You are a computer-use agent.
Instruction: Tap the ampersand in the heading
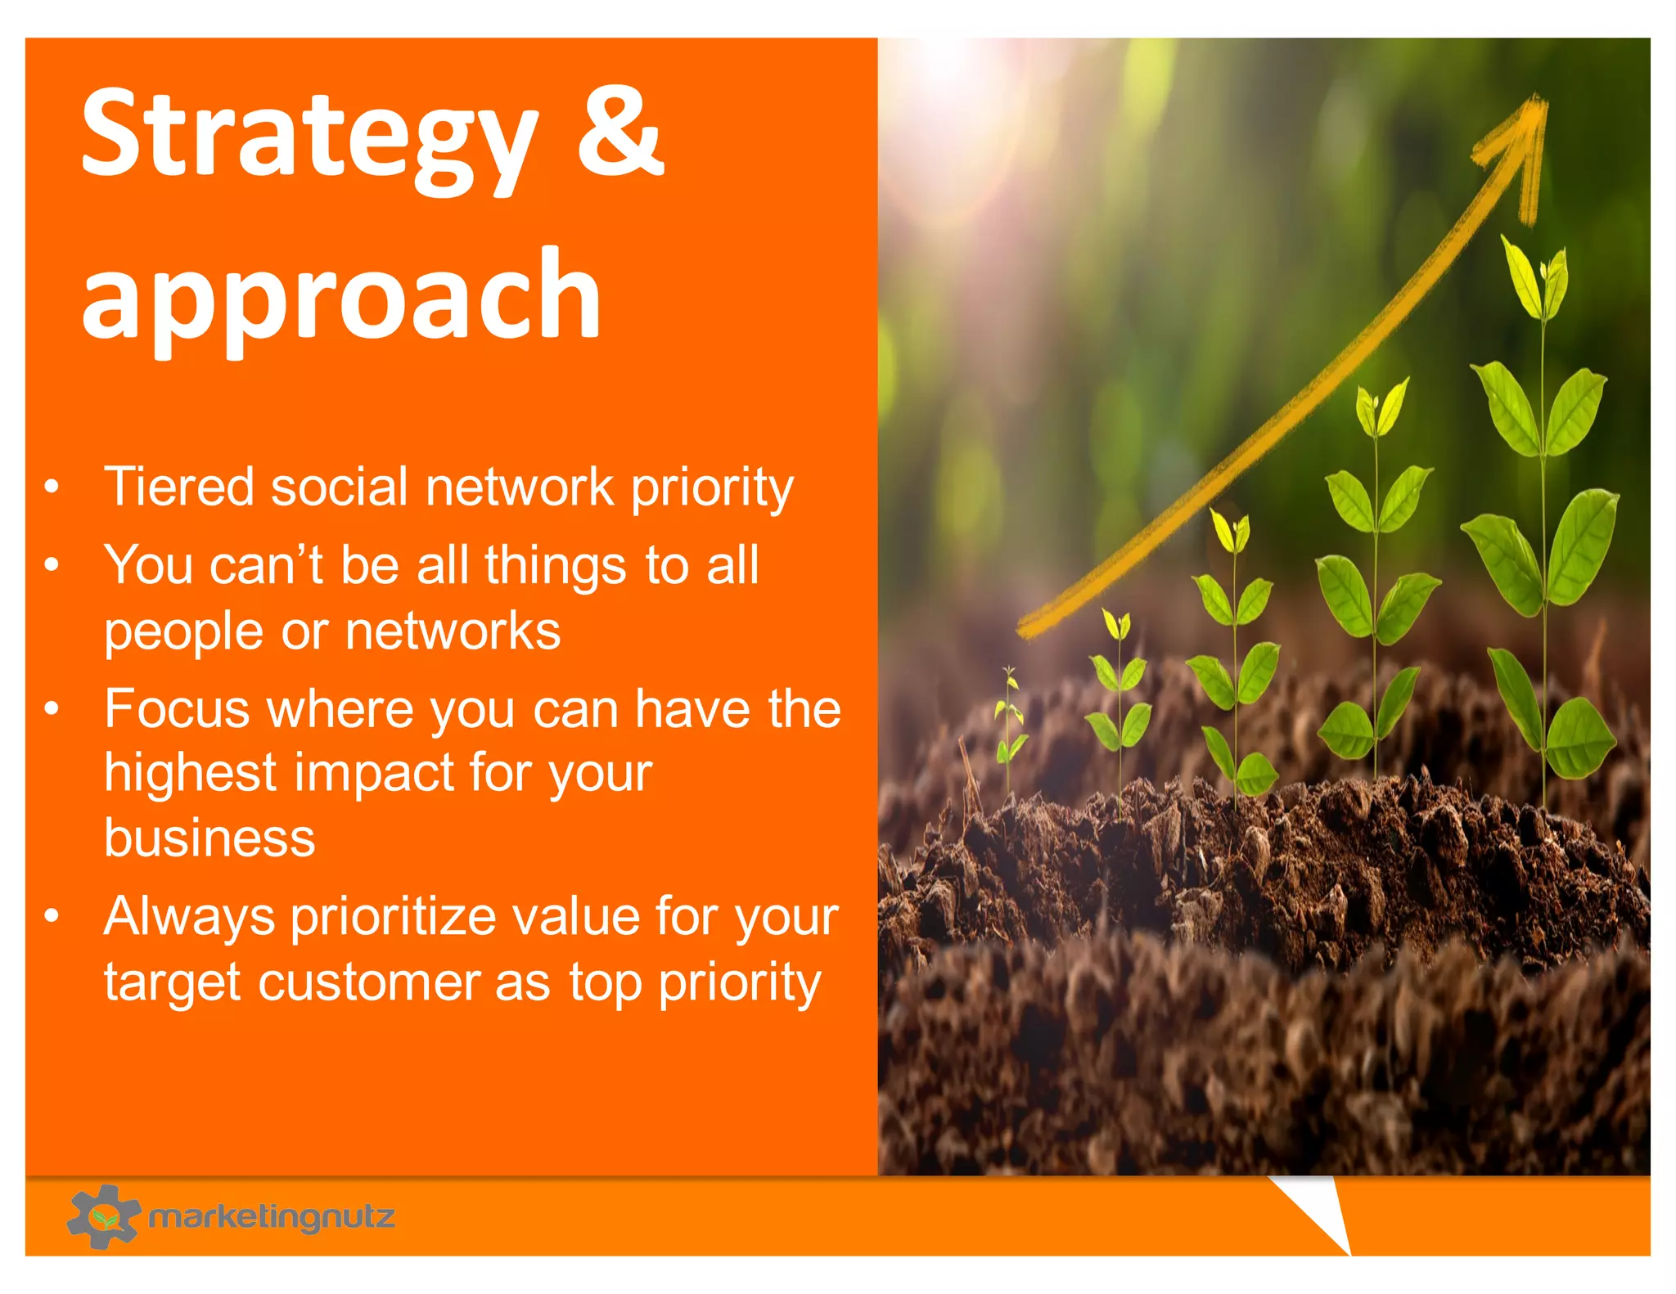tap(619, 131)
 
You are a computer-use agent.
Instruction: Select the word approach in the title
tap(341, 296)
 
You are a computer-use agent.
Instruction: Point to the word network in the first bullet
tap(519, 487)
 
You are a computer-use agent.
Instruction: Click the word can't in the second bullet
tap(266, 565)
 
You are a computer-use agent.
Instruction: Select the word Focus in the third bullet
tap(177, 708)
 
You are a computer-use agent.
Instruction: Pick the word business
tap(209, 838)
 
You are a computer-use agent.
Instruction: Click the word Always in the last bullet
tap(189, 917)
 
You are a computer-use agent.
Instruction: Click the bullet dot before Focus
tap(52, 708)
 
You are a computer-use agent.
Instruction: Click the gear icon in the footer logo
tap(103, 1216)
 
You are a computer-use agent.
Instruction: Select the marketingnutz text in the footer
tap(272, 1217)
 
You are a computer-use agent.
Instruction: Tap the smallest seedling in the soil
tap(1011, 720)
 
